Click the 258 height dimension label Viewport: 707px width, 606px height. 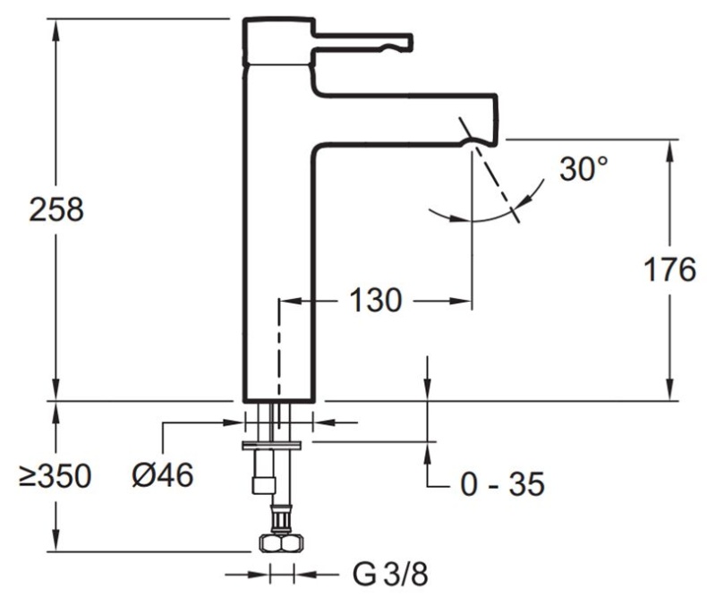coord(56,210)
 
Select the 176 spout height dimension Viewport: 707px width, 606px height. coord(669,269)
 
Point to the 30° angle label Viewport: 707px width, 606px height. coord(583,169)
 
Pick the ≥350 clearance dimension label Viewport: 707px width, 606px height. coord(55,476)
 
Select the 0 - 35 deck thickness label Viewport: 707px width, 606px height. coord(502,484)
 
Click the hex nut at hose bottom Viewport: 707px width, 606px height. coord(279,543)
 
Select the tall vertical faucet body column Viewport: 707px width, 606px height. coord(277,269)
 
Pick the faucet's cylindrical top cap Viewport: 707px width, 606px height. coord(278,39)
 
